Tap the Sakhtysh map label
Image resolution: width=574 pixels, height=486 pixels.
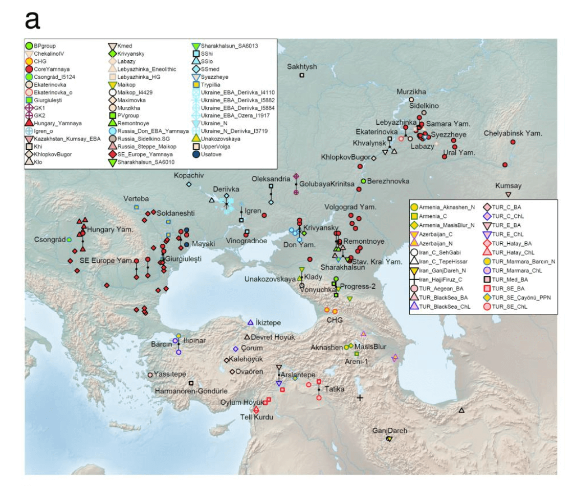click(302, 66)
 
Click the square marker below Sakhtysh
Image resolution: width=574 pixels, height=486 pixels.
click(302, 76)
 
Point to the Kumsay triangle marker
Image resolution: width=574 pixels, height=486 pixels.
click(507, 195)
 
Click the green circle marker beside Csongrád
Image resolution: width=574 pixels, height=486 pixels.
click(69, 240)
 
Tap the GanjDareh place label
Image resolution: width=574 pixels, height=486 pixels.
click(390, 430)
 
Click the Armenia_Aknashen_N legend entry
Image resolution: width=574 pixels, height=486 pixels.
click(443, 207)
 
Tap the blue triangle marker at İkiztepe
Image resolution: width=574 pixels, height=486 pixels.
click(250, 322)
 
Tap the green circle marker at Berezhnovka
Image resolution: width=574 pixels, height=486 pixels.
click(363, 181)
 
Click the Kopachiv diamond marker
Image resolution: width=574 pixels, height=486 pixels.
click(189, 184)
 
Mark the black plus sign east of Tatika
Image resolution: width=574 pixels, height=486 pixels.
click(360, 398)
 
